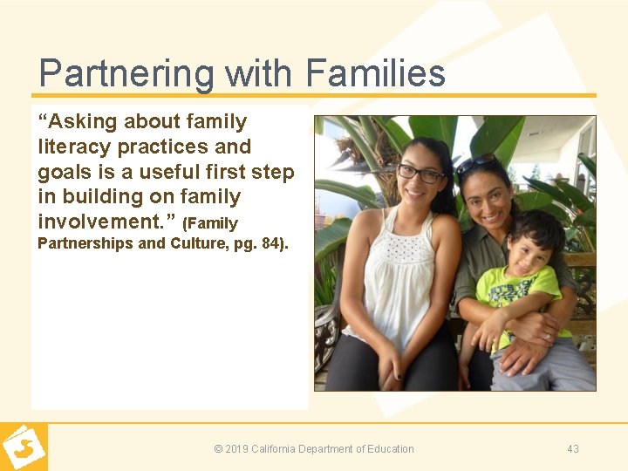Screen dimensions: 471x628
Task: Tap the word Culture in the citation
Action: click(197, 243)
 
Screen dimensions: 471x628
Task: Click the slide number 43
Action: click(572, 449)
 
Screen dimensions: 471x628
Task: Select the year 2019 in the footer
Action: click(236, 449)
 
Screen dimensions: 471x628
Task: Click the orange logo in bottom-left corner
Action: click(24, 447)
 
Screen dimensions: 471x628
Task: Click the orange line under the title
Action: click(314, 95)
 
